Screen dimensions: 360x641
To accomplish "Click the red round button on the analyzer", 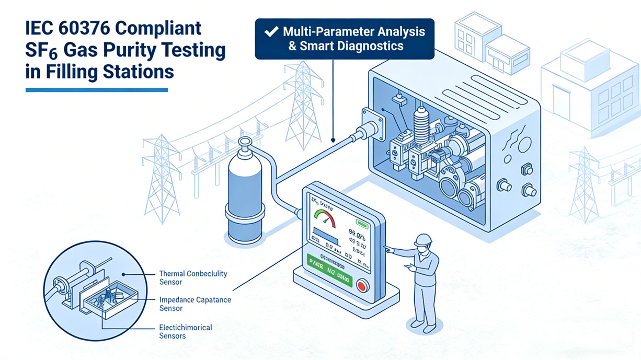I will click(x=362, y=286).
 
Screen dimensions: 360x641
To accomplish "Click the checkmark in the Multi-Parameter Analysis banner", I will click(x=270, y=31).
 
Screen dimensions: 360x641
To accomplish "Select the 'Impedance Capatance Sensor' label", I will click(x=194, y=304).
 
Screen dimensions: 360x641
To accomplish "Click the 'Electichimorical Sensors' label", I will click(x=185, y=331).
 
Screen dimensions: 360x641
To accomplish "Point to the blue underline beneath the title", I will click(x=96, y=90).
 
